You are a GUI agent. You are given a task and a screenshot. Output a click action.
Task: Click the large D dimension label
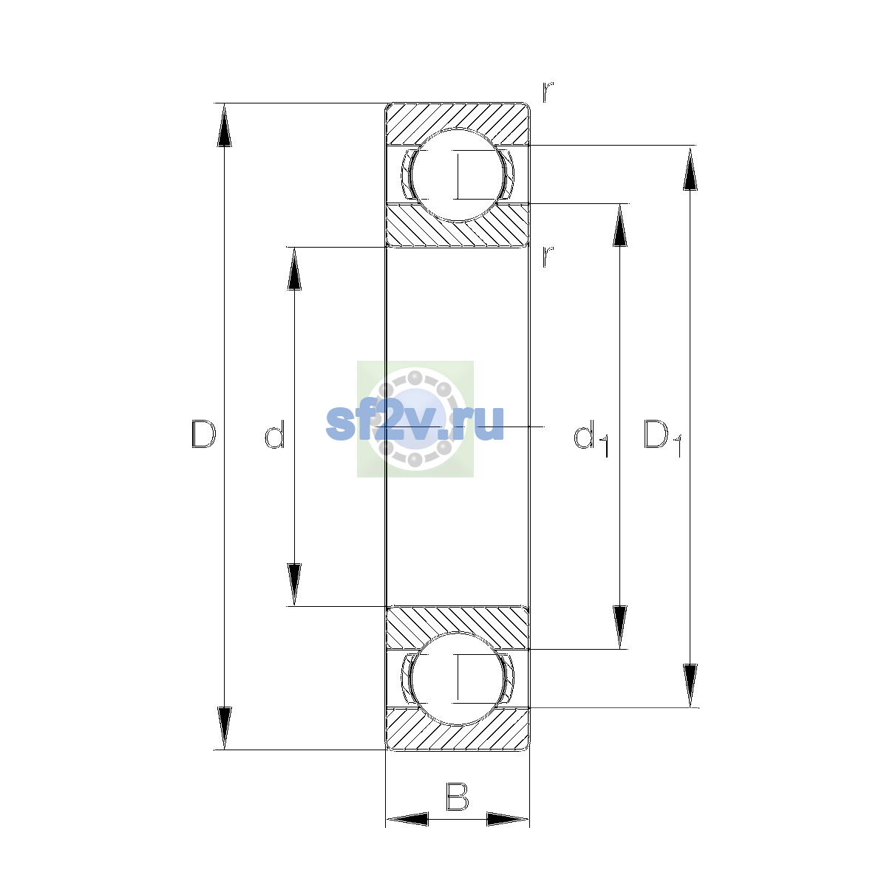pos(203,434)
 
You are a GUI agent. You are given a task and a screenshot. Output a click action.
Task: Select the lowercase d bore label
pos(275,434)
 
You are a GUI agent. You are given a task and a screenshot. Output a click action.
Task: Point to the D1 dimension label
pos(662,438)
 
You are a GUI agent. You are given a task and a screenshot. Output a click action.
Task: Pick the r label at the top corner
pos(548,92)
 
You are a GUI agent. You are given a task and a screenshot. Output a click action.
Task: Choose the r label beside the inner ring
pos(548,256)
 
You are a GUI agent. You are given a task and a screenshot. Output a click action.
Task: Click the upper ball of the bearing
pos(458,175)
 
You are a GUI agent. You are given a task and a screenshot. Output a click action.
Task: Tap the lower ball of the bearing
pos(458,679)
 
